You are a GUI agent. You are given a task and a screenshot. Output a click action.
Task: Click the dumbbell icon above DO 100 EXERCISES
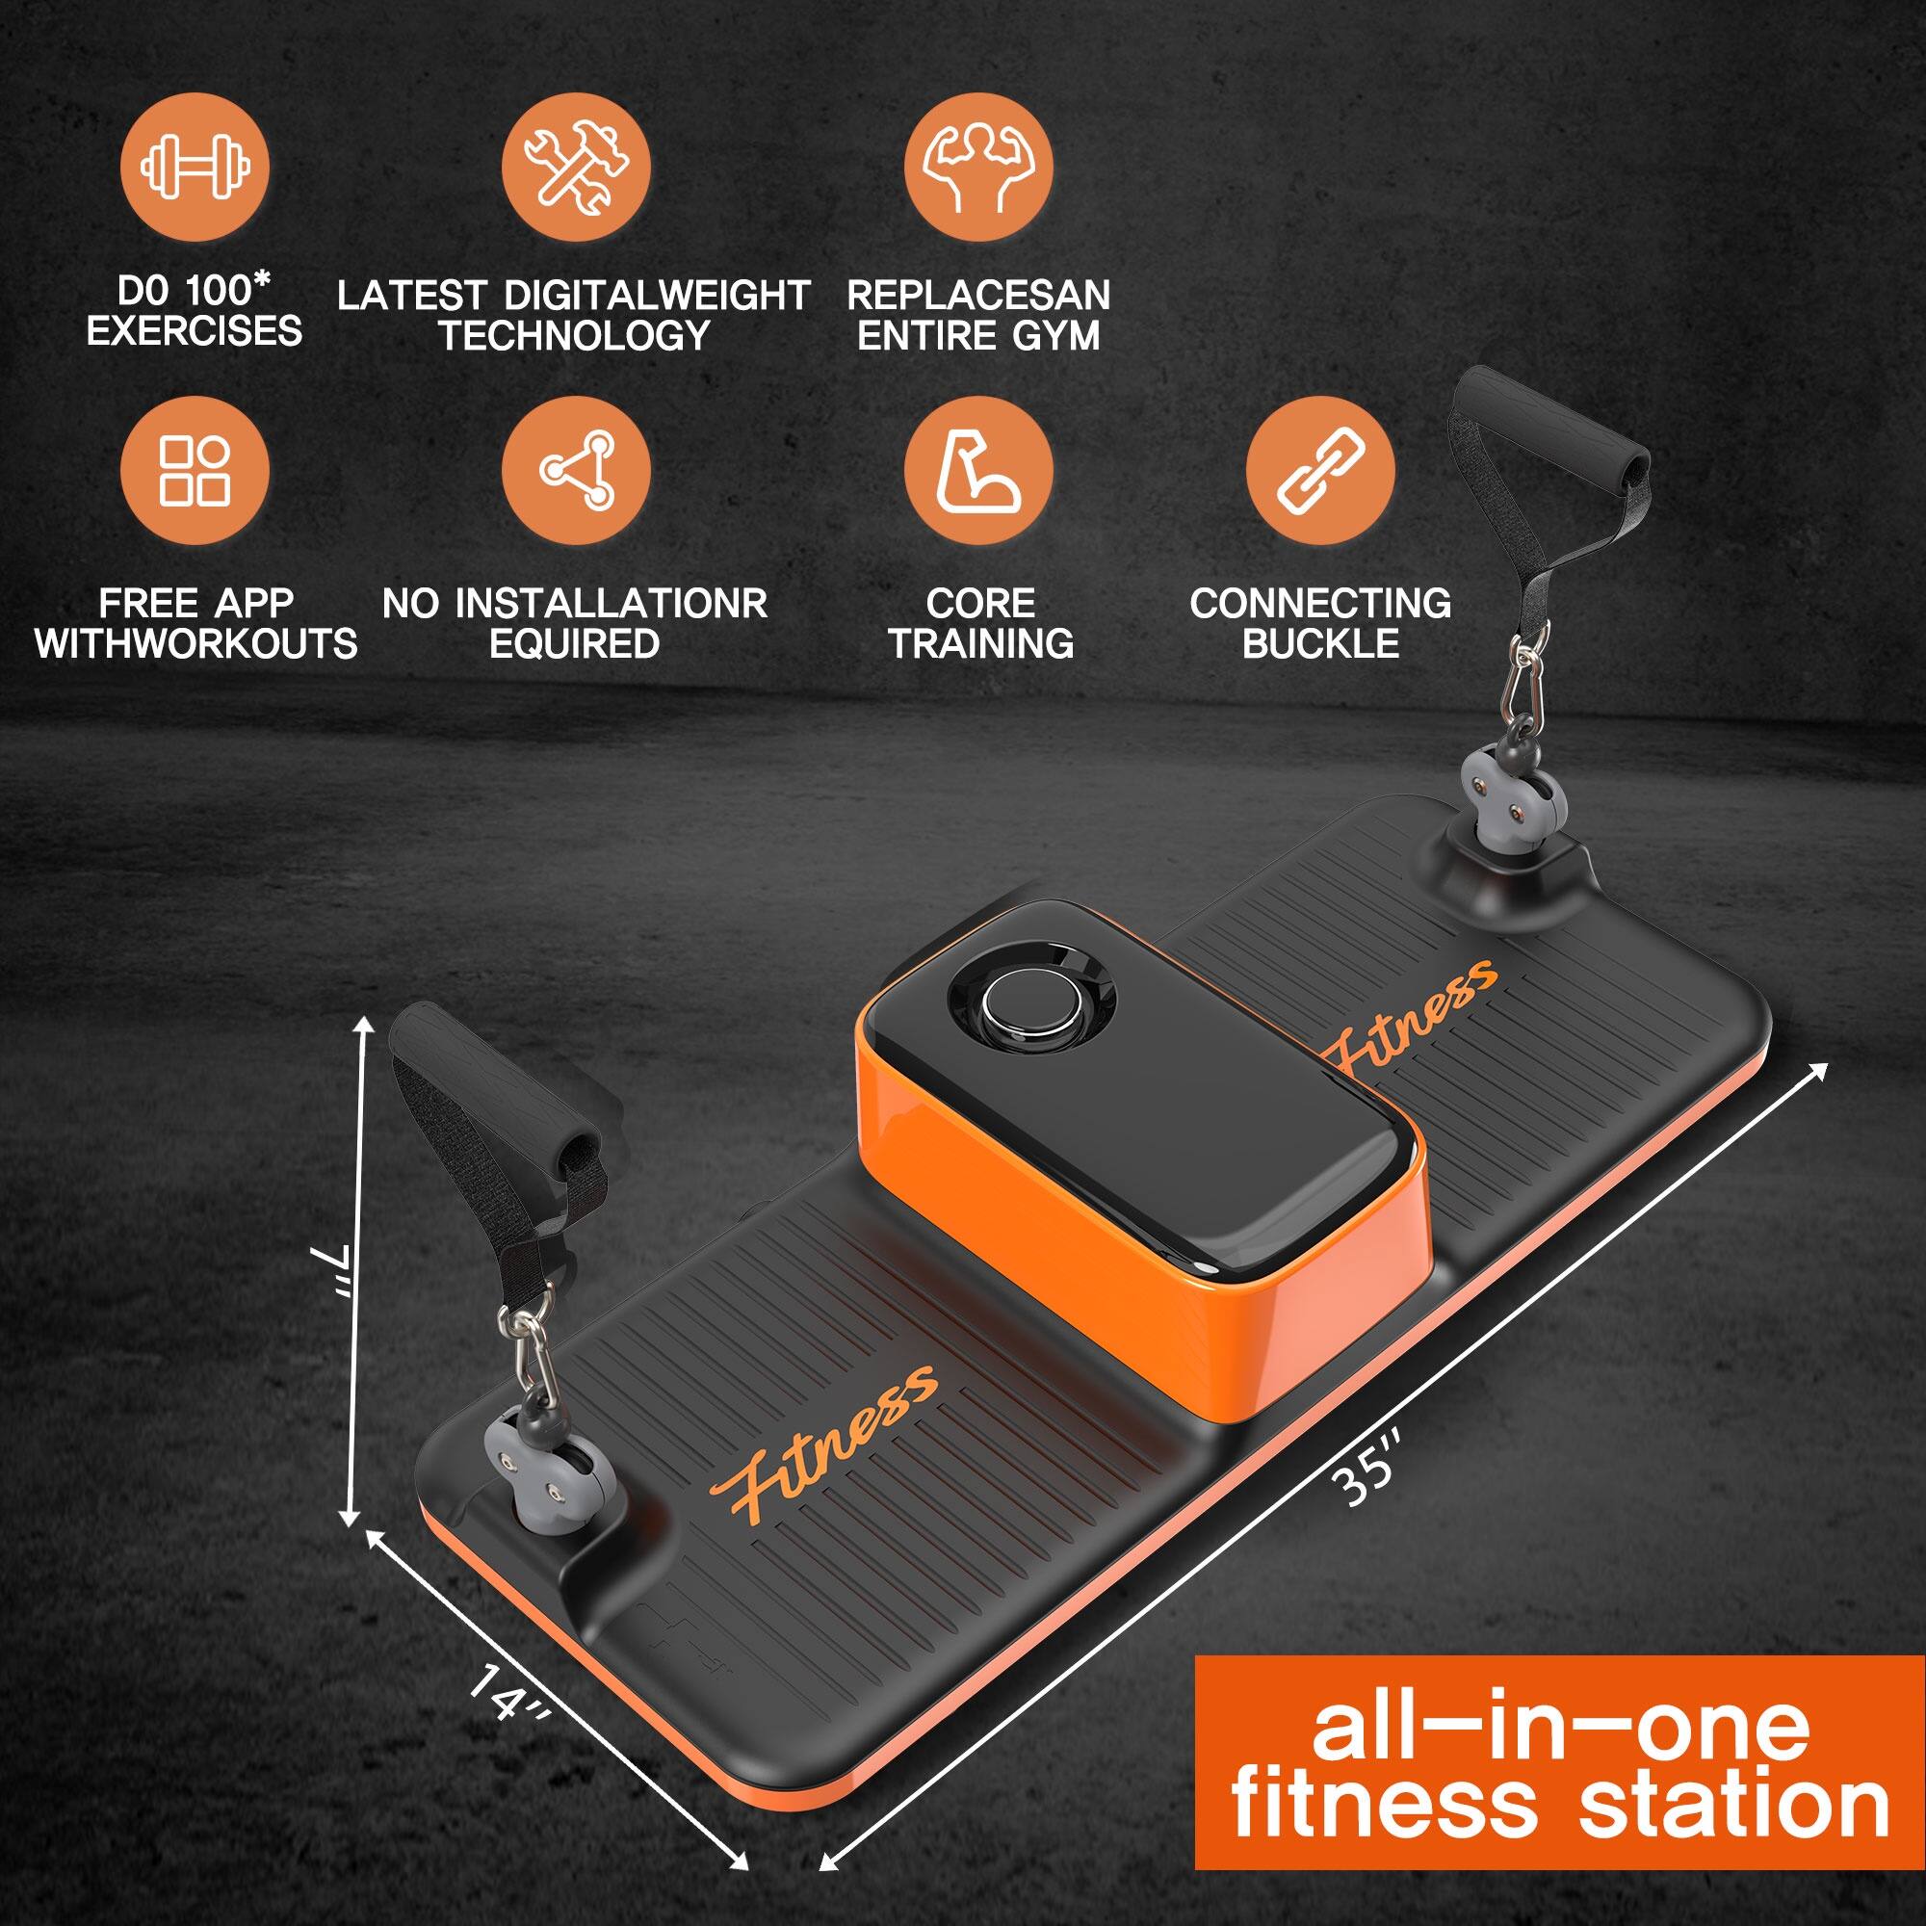[195, 166]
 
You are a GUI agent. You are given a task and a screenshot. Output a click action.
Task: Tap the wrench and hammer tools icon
[575, 166]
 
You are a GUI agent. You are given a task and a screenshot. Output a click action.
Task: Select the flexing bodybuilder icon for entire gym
[978, 166]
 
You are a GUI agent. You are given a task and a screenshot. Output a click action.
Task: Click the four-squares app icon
[195, 470]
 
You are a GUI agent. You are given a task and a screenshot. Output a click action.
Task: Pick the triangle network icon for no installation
[575, 470]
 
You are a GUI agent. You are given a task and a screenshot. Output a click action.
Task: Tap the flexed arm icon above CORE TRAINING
[978, 470]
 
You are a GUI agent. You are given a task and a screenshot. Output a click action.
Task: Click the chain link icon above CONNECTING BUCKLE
[1320, 470]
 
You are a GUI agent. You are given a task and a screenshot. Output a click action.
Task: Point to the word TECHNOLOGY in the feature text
[574, 336]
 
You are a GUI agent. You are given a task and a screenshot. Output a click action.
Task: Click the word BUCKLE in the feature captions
[1320, 644]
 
